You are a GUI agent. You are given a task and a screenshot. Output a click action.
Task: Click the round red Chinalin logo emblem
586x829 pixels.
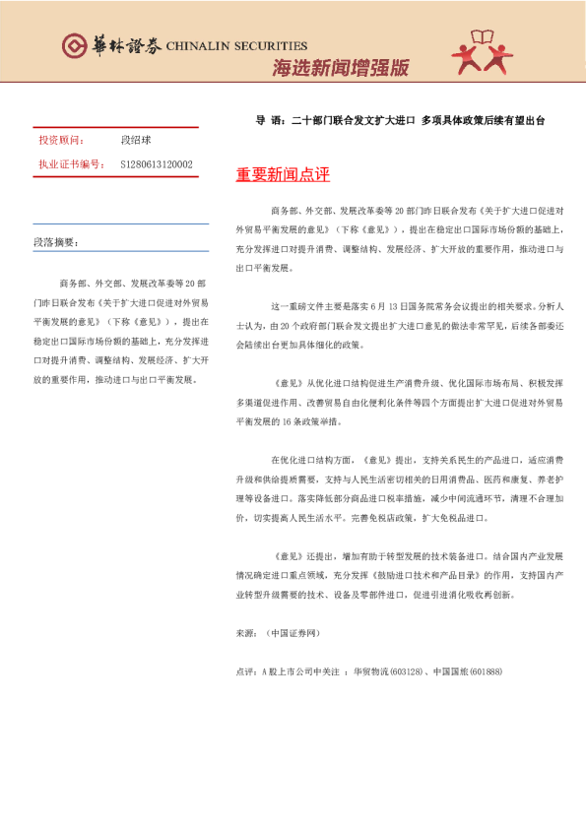75,45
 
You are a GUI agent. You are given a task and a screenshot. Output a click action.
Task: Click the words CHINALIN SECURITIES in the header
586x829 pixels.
236,45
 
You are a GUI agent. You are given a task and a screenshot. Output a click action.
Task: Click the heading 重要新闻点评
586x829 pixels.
283,175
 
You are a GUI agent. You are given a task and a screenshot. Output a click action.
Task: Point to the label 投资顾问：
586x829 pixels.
60,140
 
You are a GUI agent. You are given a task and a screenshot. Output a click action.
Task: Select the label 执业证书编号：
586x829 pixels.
71,163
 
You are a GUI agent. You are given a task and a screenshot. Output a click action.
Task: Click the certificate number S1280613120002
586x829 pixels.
157,163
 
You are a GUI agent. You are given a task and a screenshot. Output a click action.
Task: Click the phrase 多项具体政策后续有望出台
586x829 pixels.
483,120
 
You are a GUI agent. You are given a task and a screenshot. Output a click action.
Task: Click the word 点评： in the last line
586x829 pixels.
247,671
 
